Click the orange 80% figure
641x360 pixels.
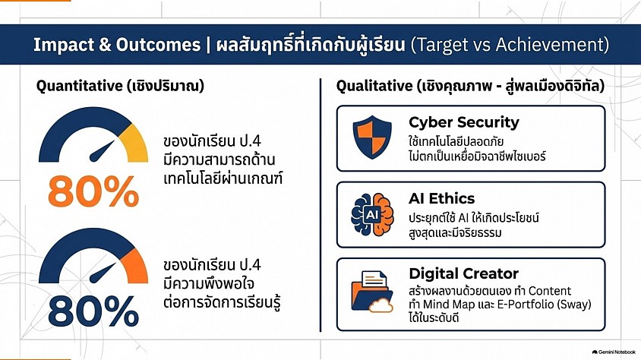click(93, 191)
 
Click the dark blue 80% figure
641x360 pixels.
click(93, 311)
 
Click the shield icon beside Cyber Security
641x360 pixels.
click(372, 137)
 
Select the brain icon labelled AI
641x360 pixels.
click(372, 214)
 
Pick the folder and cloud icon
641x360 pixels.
click(372, 292)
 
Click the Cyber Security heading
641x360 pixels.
click(464, 122)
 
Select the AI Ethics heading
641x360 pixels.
click(441, 198)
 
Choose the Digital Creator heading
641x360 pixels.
click(463, 273)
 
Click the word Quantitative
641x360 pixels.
click(79, 86)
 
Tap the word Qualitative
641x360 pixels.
click(374, 86)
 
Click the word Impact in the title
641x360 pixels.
click(63, 45)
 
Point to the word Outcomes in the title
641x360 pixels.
click(158, 45)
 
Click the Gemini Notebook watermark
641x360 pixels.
click(614, 352)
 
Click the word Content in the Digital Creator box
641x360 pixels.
click(549, 291)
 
